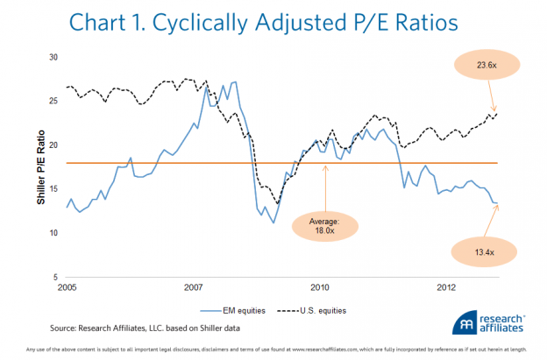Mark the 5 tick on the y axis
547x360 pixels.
55,277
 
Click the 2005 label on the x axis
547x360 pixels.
67,286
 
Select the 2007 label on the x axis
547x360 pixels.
194,286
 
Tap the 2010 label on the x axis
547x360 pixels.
320,286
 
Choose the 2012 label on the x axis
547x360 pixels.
446,286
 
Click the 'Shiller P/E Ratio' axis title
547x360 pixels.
40,166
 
